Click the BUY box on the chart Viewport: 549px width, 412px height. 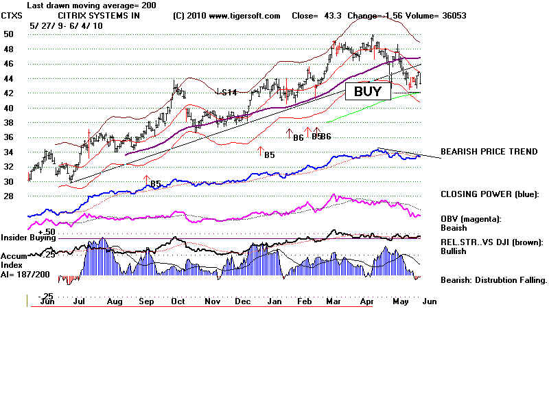click(367, 91)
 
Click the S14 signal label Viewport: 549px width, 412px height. click(227, 92)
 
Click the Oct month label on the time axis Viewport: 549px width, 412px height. click(178, 301)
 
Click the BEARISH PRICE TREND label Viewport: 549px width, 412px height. click(489, 151)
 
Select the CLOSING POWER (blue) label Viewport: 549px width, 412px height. click(490, 194)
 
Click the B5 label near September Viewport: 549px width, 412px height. click(156, 183)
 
